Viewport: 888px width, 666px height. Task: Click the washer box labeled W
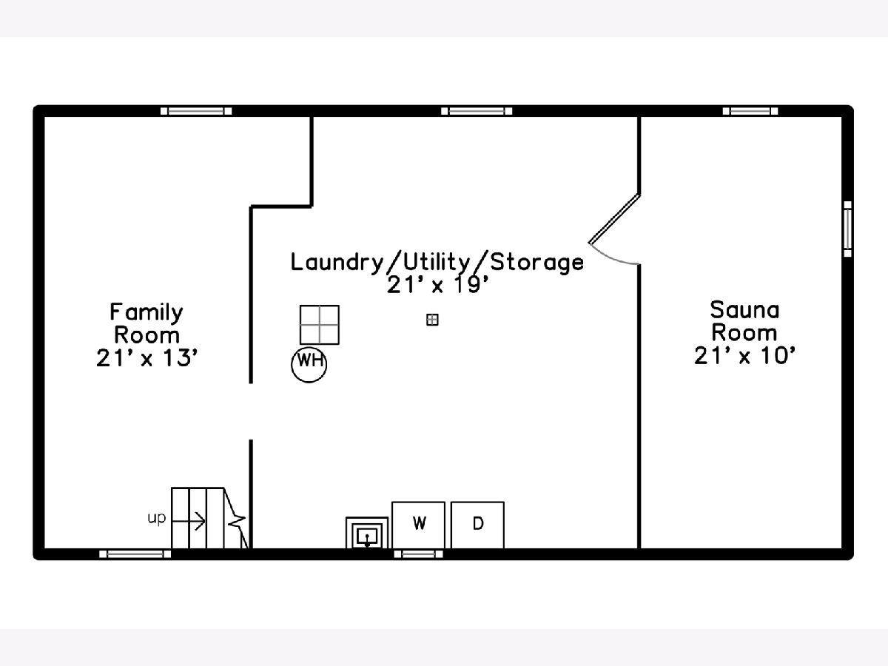[x=418, y=525]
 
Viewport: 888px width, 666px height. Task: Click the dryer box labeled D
[x=477, y=525]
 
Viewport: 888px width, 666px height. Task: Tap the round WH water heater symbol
[x=309, y=363]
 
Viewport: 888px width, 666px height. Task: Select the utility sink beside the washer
[x=367, y=534]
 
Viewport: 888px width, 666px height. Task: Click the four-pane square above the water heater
[x=320, y=325]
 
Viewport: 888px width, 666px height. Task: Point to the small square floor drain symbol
[x=432, y=320]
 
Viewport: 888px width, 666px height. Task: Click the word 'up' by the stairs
[x=157, y=518]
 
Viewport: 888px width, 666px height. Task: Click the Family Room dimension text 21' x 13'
[x=147, y=358]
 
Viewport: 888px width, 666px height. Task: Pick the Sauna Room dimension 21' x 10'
[x=744, y=356]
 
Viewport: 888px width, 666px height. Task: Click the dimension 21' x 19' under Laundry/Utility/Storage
[x=438, y=286]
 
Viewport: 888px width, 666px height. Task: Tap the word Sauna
[x=744, y=309]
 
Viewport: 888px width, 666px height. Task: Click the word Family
[x=147, y=312]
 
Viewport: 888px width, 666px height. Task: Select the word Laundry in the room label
[x=335, y=262]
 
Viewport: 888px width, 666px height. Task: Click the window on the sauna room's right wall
[x=847, y=229]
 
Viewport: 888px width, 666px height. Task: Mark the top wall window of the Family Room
[x=196, y=111]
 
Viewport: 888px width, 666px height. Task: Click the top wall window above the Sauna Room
[x=750, y=111]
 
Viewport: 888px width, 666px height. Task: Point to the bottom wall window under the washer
[x=418, y=554]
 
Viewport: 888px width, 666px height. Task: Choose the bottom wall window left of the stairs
[x=135, y=554]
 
